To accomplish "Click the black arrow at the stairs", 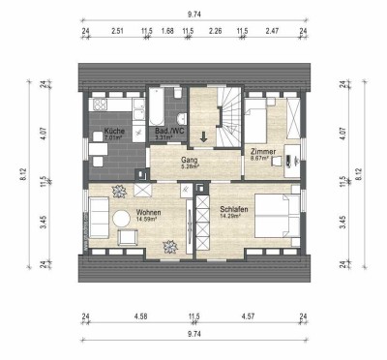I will pos(203,135).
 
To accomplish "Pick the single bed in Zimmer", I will pos(262,119).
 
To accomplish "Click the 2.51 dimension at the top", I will pos(117,31).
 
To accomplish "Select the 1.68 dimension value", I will pos(167,31).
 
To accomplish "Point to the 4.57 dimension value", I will pos(248,315).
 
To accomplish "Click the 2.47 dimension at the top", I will pos(272,31).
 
